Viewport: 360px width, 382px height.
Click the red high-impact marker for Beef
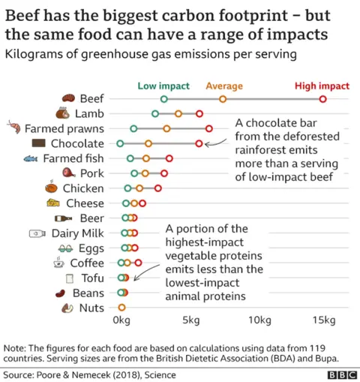point(322,99)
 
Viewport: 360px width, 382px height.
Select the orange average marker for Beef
point(223,99)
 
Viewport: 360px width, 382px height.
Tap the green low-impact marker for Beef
point(164,99)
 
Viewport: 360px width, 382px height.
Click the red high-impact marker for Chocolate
point(199,143)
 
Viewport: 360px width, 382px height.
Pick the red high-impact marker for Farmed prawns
point(209,128)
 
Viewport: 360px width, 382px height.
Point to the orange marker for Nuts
point(121,308)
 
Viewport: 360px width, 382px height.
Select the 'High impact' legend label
point(322,86)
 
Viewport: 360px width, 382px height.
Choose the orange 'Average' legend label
point(223,86)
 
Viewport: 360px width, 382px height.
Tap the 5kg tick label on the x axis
point(190,321)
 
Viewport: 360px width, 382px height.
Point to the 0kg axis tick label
point(121,321)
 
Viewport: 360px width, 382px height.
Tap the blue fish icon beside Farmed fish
point(31,158)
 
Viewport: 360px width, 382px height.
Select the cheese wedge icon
point(52,203)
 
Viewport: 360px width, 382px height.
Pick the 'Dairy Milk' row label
point(77,233)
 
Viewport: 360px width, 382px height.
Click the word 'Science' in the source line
point(160,373)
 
